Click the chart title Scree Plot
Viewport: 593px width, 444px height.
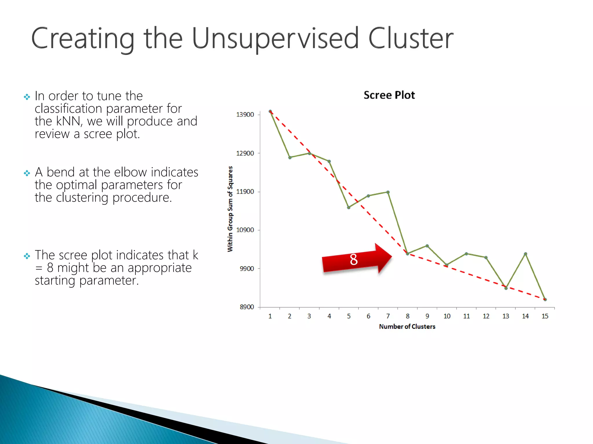389,95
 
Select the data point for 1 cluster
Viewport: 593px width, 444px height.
270,111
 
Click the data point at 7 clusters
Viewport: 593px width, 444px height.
388,192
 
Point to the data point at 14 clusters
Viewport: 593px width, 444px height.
526,254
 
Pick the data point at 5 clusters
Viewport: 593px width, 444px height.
349,208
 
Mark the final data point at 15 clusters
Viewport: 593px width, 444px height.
545,299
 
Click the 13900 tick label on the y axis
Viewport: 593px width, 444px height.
245,115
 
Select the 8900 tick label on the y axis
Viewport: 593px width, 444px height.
247,307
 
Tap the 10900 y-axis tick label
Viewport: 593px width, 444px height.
245,230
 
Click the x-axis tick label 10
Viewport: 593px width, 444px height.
447,316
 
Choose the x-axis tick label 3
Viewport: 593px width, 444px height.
309,316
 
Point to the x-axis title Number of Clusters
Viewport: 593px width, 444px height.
407,327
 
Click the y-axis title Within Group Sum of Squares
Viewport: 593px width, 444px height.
230,209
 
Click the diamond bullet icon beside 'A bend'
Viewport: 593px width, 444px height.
27,173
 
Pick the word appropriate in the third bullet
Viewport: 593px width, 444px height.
160,268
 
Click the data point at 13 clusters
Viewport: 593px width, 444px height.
506,288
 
